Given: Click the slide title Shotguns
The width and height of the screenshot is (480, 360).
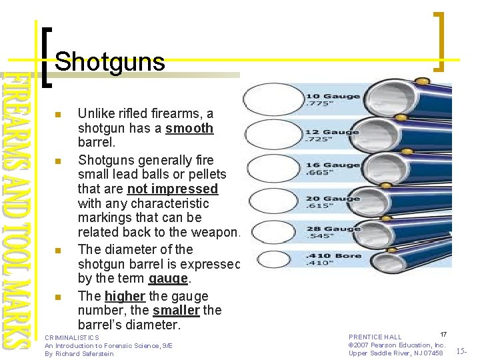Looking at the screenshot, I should tap(109, 62).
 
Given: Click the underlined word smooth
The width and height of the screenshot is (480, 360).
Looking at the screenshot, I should tap(189, 128).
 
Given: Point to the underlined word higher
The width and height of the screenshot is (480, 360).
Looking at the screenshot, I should tap(125, 296).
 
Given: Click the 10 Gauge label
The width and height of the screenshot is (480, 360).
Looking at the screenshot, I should tap(333, 97).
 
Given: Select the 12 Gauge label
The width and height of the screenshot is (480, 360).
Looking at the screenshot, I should tap(332, 132).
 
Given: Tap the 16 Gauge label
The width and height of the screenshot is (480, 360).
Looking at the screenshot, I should tap(333, 165).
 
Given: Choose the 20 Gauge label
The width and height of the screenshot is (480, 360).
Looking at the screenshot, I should tap(333, 198).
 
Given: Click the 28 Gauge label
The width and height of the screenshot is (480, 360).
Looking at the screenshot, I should tap(333, 229).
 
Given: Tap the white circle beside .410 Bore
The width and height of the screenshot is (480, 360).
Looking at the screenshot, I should tap(273, 260).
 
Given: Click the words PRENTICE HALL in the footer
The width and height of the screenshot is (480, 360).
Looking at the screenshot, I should tap(375, 337).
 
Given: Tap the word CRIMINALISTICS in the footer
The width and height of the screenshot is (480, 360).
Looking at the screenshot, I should tap(71, 338).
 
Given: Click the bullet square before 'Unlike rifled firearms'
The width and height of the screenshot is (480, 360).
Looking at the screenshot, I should tap(58, 115).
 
